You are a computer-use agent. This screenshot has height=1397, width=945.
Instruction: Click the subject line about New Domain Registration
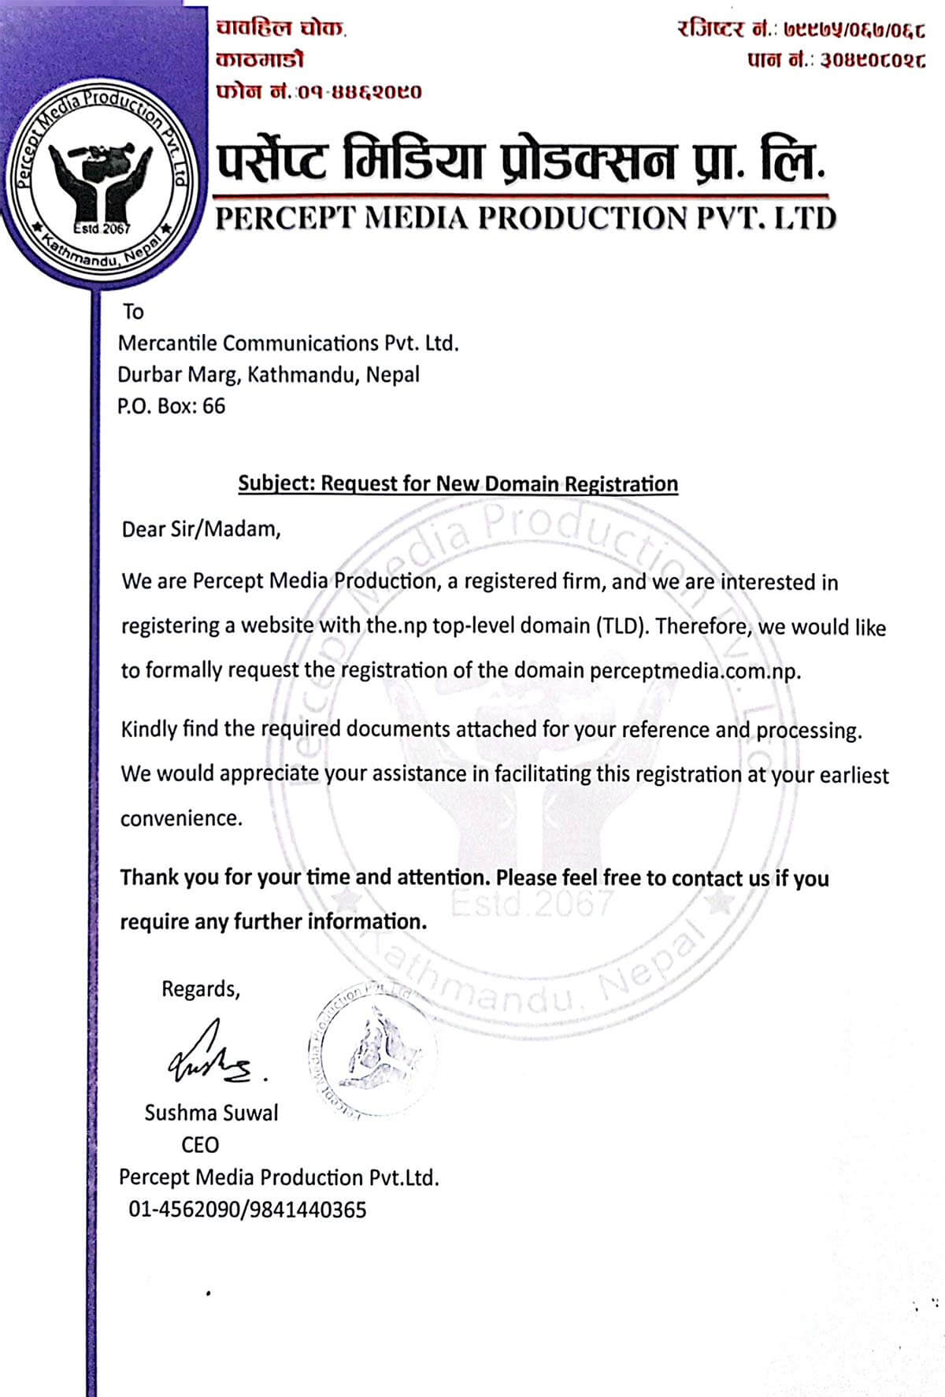(x=458, y=484)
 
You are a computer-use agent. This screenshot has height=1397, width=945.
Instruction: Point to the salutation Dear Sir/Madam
(x=201, y=529)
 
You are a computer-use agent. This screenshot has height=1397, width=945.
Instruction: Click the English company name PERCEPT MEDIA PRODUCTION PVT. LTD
(x=525, y=218)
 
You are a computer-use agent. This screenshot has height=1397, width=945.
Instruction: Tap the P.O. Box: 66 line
(x=171, y=406)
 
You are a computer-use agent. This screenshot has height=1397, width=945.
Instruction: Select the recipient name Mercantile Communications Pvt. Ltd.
(x=287, y=343)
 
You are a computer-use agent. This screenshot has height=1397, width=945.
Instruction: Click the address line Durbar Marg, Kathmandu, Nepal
(x=269, y=375)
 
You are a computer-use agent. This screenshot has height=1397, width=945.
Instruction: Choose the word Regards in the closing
(x=200, y=989)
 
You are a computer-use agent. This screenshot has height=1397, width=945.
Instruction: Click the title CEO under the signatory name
(x=200, y=1145)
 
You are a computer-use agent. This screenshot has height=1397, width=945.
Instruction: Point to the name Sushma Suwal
(x=211, y=1113)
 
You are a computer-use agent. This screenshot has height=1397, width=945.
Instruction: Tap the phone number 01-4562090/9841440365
(x=247, y=1210)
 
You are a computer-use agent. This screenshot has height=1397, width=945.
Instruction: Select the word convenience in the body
(x=180, y=819)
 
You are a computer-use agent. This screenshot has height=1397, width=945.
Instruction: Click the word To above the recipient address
(x=133, y=312)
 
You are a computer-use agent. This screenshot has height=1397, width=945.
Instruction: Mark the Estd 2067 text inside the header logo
(x=102, y=229)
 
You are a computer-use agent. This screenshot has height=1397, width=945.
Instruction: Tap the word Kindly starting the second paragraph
(x=149, y=729)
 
